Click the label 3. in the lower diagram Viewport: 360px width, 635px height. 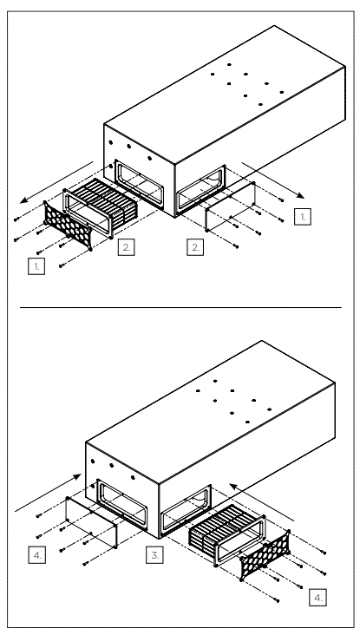coord(154,554)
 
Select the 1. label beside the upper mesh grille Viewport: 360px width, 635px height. coord(36,266)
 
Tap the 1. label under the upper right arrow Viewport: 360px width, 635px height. coord(301,217)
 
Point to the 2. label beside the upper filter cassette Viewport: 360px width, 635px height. coord(127,247)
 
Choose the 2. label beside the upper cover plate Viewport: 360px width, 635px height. coord(196,247)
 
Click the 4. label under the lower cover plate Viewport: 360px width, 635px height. coord(37,553)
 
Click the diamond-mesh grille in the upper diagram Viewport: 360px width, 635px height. coord(69,226)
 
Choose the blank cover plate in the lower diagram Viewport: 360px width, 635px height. coord(93,522)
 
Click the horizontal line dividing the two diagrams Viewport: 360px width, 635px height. coord(180,307)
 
